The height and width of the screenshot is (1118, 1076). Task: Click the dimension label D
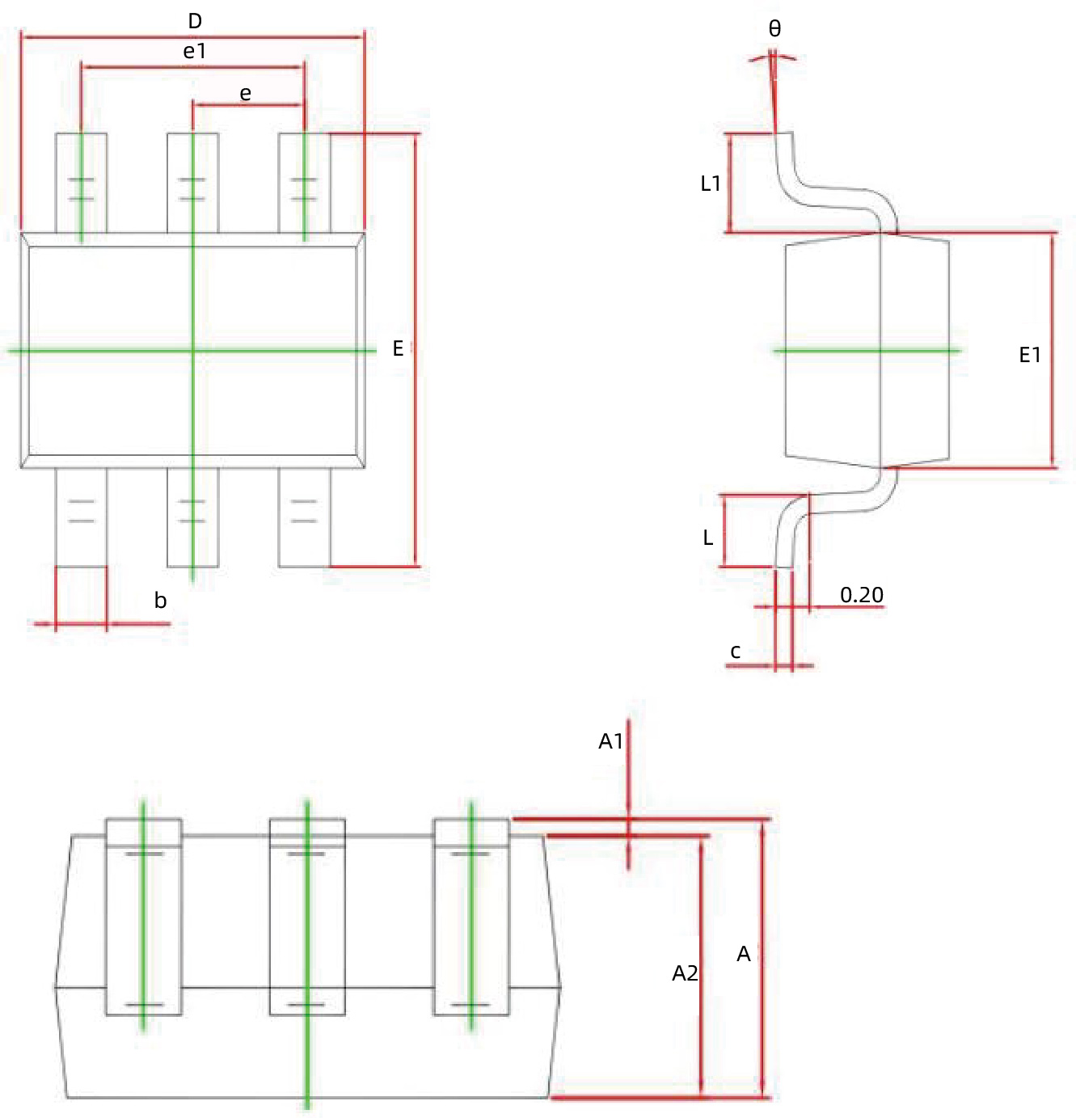point(195,21)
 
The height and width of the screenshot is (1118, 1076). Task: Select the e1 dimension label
point(195,52)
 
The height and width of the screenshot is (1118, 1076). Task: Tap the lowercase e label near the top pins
point(246,94)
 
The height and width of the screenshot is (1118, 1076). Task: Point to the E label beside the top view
point(398,348)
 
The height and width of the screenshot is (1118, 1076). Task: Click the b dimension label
point(160,601)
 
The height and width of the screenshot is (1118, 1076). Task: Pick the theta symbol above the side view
point(774,29)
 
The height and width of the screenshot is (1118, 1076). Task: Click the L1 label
point(711,184)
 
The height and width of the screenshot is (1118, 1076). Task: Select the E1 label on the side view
point(1029,355)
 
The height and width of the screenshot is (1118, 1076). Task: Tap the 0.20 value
point(862,595)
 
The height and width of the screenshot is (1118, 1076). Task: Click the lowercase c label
point(736,651)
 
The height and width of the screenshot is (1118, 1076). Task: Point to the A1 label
point(610,741)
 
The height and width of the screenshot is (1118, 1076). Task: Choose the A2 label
point(685,973)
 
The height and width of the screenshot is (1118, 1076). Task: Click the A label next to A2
point(744,955)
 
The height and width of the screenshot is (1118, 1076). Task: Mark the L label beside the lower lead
point(708,538)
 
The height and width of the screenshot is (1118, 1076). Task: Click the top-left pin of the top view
point(81,183)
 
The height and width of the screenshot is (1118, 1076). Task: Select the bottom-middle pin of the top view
point(192,517)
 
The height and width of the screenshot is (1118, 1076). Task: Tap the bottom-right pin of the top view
point(304,517)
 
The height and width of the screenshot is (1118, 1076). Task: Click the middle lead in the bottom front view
point(307,918)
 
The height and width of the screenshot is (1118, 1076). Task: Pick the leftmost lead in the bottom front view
point(144,918)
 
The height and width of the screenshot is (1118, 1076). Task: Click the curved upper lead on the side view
point(833,195)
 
